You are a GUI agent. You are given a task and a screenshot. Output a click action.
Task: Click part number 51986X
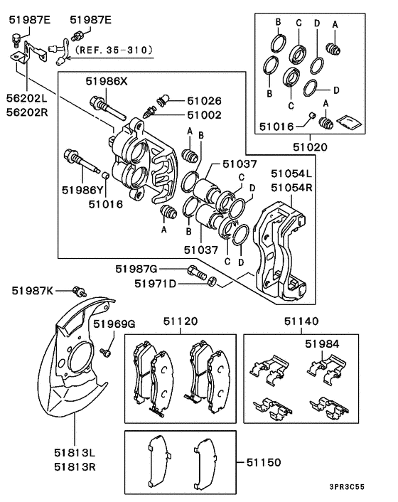106,82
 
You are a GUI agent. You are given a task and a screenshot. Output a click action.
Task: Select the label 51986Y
82,191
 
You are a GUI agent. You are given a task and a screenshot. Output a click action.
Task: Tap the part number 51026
204,101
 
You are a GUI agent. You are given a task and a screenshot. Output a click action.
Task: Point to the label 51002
204,115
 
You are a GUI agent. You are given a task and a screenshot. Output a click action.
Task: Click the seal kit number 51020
311,147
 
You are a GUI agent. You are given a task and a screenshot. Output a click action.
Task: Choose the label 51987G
136,269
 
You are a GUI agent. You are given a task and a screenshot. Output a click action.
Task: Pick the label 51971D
155,284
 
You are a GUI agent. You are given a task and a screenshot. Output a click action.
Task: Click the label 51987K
33,291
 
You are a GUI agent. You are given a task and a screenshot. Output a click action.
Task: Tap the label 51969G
114,324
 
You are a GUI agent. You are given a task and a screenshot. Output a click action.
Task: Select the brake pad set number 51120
181,321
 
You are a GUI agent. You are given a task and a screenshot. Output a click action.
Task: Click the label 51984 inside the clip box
322,344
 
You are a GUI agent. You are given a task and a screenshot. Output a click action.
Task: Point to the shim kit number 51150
264,462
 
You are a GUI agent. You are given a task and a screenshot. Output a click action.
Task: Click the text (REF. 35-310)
113,50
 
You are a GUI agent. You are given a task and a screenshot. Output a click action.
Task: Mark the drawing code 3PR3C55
347,487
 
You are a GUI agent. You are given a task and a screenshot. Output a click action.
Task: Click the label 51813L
75,453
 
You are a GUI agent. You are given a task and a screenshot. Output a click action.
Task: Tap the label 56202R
27,112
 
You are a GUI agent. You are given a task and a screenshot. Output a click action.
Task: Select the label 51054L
291,173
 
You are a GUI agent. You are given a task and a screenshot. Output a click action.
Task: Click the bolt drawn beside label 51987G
198,273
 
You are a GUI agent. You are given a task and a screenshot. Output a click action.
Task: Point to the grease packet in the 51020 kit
350,122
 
